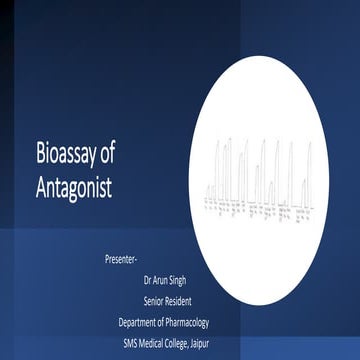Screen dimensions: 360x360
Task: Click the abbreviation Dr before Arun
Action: (150, 280)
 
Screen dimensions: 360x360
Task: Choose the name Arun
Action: (167, 280)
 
